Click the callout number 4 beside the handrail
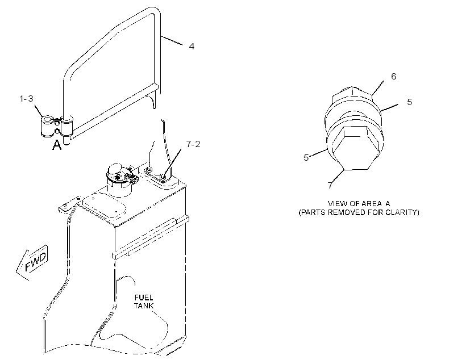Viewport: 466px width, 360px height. click(192, 47)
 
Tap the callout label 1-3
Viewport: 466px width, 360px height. click(27, 99)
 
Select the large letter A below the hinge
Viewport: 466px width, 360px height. click(57, 145)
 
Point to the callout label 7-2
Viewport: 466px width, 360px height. click(193, 144)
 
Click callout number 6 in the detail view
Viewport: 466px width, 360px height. click(393, 77)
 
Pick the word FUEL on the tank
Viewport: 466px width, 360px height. click(144, 298)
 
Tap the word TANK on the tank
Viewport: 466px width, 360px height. click(144, 305)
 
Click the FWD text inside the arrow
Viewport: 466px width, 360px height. click(36, 262)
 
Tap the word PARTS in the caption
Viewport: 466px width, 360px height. click(312, 212)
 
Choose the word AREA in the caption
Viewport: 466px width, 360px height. click(371, 204)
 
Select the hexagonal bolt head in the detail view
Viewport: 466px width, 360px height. click(355, 148)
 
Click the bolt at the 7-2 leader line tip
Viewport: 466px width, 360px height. click(163, 177)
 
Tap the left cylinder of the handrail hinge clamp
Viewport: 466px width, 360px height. click(47, 126)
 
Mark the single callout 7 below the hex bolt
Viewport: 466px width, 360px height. click(330, 185)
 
